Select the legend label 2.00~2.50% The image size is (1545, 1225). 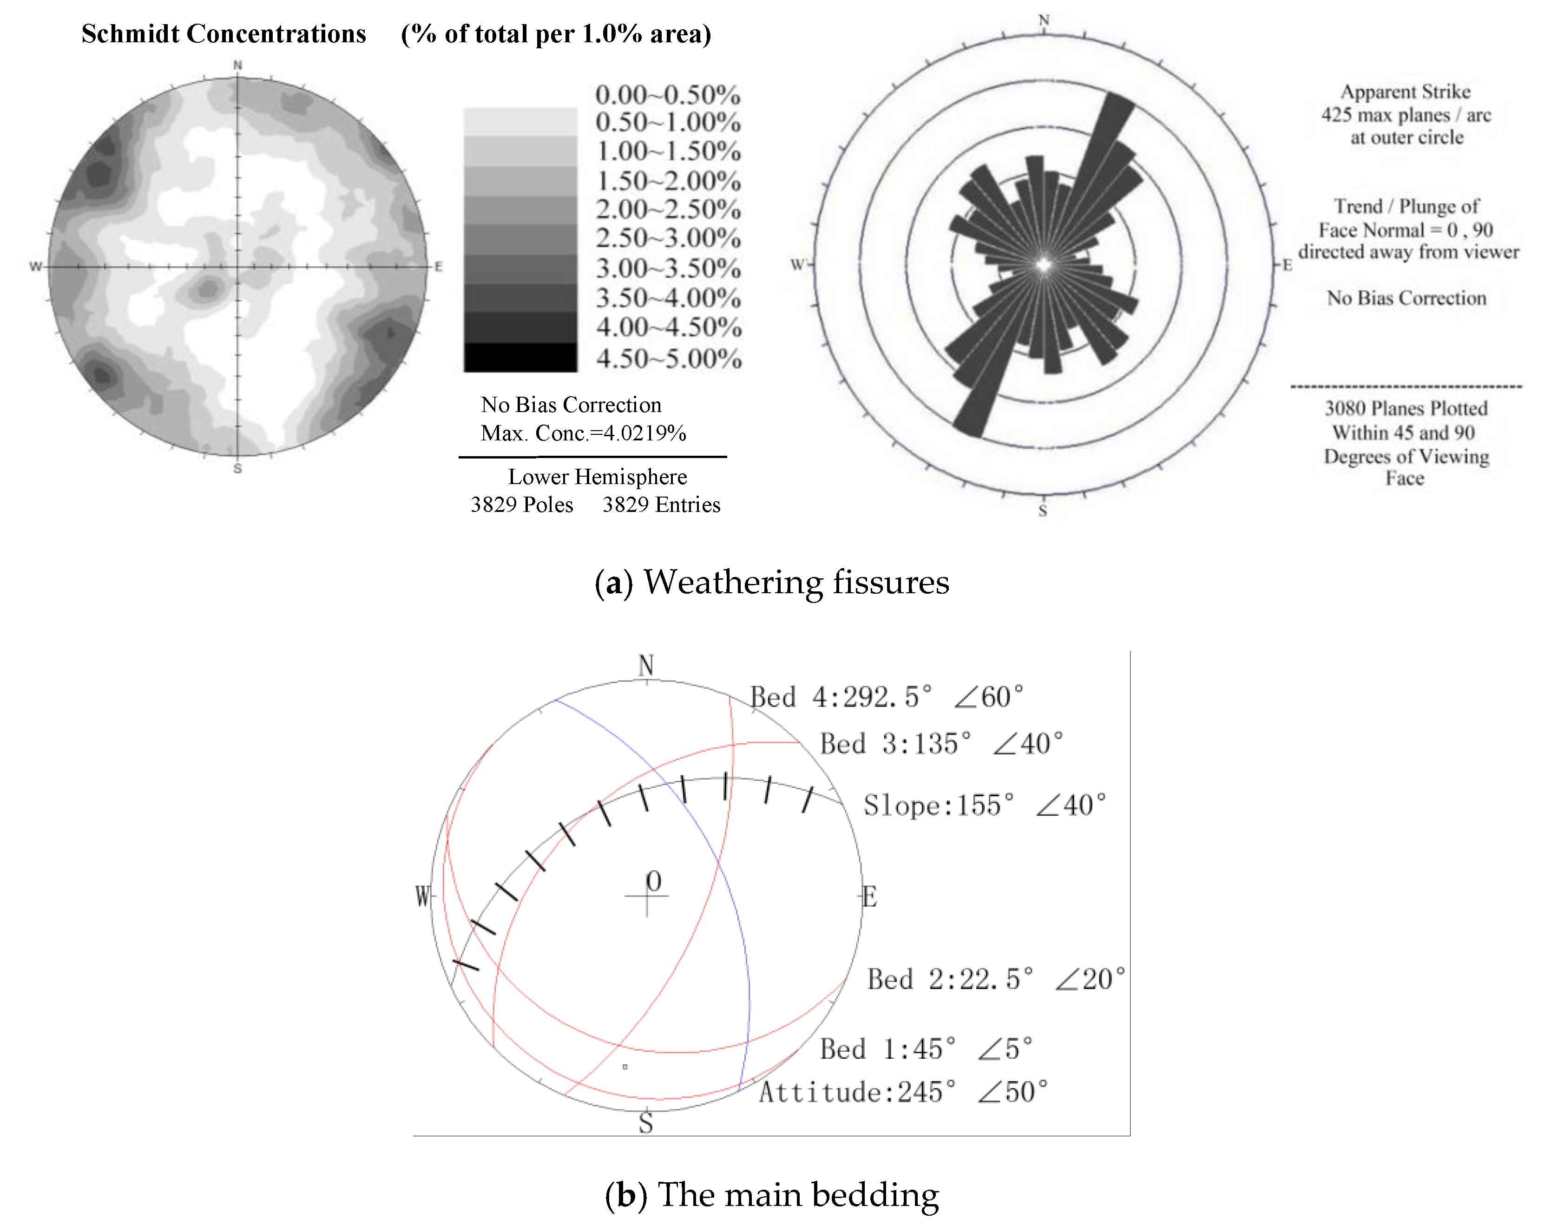[x=668, y=209]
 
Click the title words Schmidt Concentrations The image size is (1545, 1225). [x=224, y=33]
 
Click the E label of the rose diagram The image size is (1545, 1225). [x=1287, y=265]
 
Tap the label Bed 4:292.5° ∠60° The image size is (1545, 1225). [x=887, y=696]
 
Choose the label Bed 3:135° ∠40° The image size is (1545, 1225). [x=941, y=744]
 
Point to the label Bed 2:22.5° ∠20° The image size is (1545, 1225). [x=995, y=979]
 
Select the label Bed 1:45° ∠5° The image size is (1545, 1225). [x=926, y=1049]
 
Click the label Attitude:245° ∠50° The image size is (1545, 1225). [x=903, y=1092]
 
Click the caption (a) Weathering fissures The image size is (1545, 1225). [x=772, y=582]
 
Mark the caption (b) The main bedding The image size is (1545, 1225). [x=772, y=1194]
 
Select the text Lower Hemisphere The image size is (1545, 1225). [x=597, y=477]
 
